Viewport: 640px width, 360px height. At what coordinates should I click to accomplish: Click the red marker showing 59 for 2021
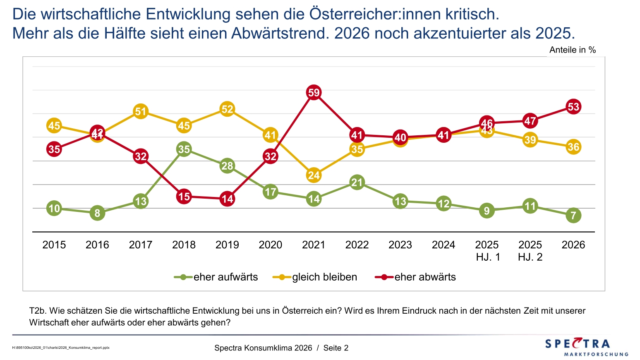pyautogui.click(x=314, y=92)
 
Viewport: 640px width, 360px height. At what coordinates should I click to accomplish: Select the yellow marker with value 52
pyautogui.click(x=227, y=109)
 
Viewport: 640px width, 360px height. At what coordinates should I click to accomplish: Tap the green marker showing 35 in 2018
pyautogui.click(x=184, y=149)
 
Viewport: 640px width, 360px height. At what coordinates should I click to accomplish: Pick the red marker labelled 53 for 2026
pyautogui.click(x=573, y=107)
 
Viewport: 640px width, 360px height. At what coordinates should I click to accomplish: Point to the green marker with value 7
pyautogui.click(x=573, y=215)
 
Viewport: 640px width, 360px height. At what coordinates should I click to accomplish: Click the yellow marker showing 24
pyautogui.click(x=314, y=175)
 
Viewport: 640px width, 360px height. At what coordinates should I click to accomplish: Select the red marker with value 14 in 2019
pyautogui.click(x=227, y=199)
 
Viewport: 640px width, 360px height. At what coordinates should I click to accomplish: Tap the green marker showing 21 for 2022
pyautogui.click(x=357, y=182)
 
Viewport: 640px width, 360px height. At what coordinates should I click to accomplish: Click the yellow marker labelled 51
pyautogui.click(x=141, y=111)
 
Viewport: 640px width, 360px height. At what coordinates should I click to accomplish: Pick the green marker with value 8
pyautogui.click(x=97, y=213)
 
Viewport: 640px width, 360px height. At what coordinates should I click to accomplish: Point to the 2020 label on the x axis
pyautogui.click(x=271, y=245)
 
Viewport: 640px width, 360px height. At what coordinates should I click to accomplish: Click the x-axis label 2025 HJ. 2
pyautogui.click(x=530, y=251)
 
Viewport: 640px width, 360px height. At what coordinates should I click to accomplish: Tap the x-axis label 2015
pyautogui.click(x=54, y=245)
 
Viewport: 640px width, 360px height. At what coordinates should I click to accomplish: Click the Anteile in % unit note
pyautogui.click(x=573, y=50)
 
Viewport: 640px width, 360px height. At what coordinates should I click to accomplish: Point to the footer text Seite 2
pyautogui.click(x=336, y=348)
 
